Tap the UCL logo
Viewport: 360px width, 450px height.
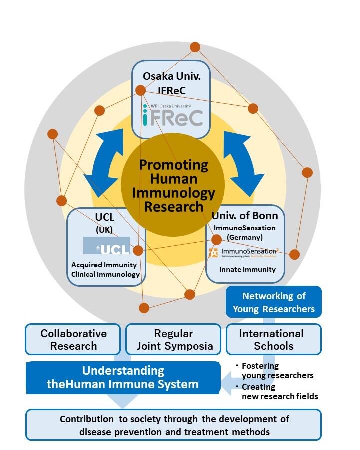click(106, 246)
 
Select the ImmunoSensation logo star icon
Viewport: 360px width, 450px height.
click(214, 253)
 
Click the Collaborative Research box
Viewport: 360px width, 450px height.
click(73, 339)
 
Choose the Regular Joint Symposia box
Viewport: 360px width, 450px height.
click(173, 339)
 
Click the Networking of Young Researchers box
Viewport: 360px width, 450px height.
click(273, 302)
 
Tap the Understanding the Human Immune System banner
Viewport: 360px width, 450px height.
click(123, 378)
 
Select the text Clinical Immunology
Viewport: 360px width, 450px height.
click(105, 274)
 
